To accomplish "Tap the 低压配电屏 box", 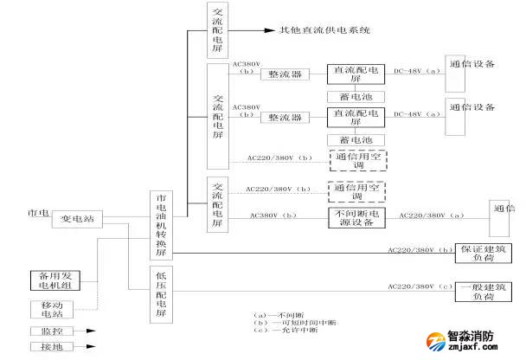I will tap(161, 295).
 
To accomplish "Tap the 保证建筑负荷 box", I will tap(476, 254).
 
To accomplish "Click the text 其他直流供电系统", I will tap(324, 30).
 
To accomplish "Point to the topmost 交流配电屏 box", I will tap(217, 29).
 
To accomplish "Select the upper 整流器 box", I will tap(285, 75).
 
